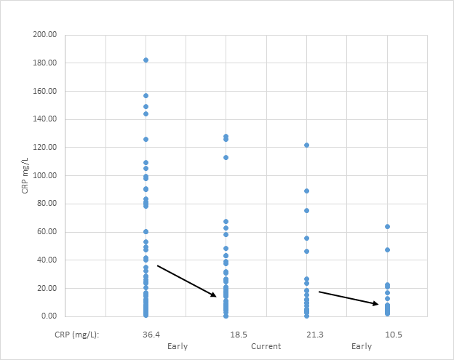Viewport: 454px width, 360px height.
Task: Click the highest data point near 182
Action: (x=146, y=60)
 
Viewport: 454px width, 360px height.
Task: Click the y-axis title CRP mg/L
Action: (x=26, y=175)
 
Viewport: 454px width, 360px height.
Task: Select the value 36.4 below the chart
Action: (x=146, y=335)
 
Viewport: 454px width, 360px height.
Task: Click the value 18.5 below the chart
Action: (x=226, y=335)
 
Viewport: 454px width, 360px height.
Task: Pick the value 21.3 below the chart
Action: (x=306, y=335)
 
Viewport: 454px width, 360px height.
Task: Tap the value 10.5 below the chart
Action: (x=387, y=335)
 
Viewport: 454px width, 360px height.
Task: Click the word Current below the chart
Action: (x=266, y=346)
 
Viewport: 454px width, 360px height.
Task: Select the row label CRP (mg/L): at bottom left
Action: (x=76, y=335)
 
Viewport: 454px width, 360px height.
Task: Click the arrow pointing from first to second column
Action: (x=187, y=281)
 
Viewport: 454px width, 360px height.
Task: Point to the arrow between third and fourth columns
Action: (x=349, y=298)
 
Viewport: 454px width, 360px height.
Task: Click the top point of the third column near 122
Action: (x=306, y=145)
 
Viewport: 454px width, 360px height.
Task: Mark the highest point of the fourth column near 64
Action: (x=387, y=227)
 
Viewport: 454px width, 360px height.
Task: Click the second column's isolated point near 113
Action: (x=226, y=157)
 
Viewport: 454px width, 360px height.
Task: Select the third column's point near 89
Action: (x=306, y=191)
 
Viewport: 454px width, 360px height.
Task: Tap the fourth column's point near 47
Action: (x=387, y=250)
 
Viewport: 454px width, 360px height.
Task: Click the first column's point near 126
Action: (x=146, y=139)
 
